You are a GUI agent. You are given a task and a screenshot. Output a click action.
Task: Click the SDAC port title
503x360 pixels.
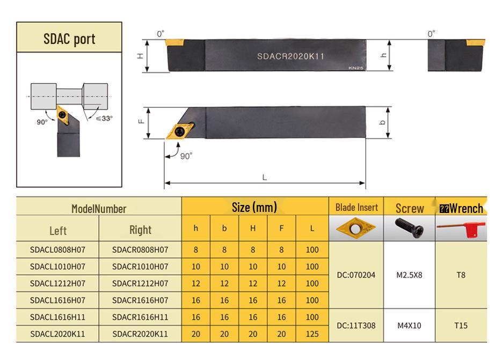coord(69,39)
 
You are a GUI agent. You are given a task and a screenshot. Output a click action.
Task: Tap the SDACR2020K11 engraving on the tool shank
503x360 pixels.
coord(290,56)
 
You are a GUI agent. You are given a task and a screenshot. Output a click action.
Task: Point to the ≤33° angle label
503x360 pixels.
coord(104,118)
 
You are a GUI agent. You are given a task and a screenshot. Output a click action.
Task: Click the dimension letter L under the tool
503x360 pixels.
coord(264,177)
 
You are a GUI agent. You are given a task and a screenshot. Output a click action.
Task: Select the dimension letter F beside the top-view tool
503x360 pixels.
coord(141,121)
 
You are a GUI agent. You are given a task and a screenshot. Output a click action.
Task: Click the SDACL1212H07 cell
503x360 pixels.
coord(58,283)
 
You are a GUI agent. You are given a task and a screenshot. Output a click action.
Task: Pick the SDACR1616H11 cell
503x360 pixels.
coord(140,317)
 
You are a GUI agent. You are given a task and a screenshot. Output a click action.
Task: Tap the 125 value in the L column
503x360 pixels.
coord(312,334)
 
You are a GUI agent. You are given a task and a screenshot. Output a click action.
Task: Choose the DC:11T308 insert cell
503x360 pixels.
coord(356,325)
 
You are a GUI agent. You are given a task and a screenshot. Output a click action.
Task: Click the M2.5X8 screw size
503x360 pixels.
coord(410,275)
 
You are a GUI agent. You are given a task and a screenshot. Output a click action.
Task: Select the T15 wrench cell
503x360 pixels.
coord(461,325)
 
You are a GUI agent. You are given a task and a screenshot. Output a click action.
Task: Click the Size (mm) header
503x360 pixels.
coord(254,207)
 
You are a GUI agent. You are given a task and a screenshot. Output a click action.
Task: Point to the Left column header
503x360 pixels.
coord(58,231)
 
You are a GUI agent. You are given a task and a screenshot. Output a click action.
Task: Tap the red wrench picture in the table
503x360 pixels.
coord(461,229)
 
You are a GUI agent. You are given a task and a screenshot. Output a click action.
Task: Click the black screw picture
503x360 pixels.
coord(409,228)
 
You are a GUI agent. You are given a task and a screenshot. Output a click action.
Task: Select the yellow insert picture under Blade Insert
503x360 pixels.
coord(356,228)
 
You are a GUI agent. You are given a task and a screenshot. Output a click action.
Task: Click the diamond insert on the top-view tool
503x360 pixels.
coord(180,131)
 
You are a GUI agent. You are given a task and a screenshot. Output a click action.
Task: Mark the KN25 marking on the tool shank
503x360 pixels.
coord(356,68)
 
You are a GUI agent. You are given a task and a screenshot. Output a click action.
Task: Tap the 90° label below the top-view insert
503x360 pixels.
coord(186,156)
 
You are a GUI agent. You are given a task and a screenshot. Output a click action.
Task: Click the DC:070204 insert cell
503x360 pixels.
coord(356,275)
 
